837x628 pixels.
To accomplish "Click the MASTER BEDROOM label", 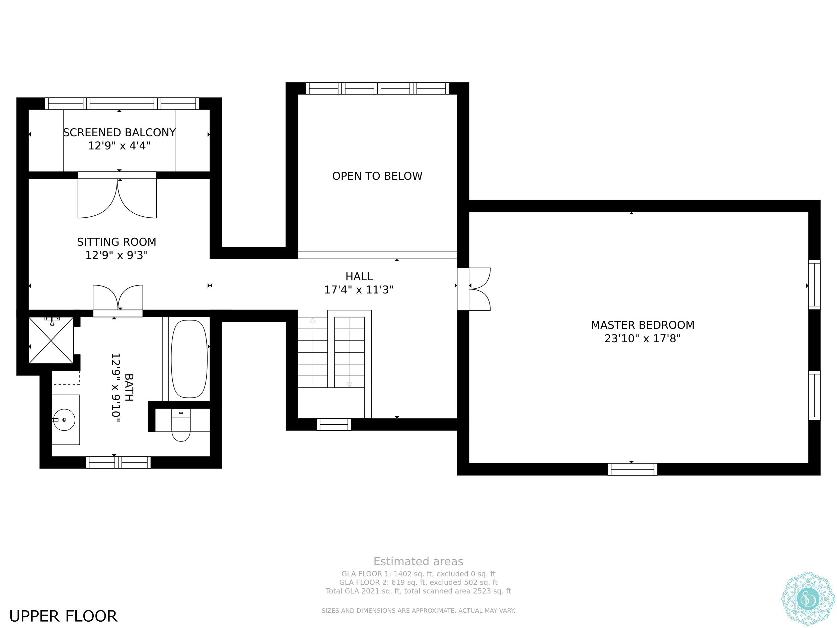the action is click(x=642, y=325).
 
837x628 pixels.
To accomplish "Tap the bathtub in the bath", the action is click(x=189, y=359).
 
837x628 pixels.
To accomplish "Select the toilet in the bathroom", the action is click(x=181, y=425).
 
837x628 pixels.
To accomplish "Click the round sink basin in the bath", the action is click(x=64, y=420).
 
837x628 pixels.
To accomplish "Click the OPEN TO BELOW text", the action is click(x=377, y=176).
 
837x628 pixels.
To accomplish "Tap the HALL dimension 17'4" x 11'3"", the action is click(x=359, y=290).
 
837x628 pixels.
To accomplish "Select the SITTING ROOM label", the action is click(x=117, y=242).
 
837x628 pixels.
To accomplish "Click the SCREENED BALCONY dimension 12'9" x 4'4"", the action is click(x=119, y=146).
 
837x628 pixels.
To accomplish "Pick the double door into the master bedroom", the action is click(x=474, y=289).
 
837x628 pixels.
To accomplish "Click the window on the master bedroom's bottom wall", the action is click(x=632, y=469).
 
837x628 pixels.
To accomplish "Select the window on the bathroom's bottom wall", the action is click(x=118, y=463).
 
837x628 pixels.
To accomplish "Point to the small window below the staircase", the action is click(x=334, y=424).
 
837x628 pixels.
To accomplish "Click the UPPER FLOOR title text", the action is click(x=63, y=617).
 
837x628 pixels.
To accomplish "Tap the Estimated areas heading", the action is click(x=418, y=561).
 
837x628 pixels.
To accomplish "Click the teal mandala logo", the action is click(x=808, y=599).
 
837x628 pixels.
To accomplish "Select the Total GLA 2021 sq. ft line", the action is click(x=418, y=591).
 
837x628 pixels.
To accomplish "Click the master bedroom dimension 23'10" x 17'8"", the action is click(x=642, y=338).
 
